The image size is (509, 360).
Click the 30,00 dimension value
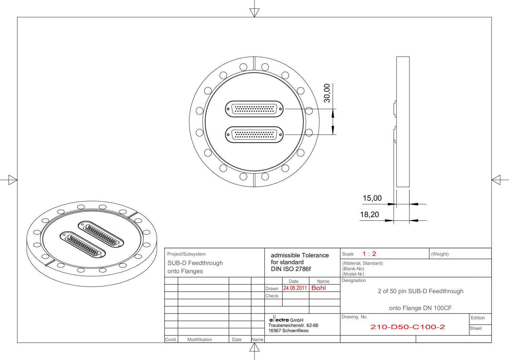point(327,93)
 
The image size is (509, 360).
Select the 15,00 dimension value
point(372,198)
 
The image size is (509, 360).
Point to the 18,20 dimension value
point(369,215)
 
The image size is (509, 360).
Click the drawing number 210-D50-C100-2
point(407,327)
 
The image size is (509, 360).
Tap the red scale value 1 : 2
point(369,254)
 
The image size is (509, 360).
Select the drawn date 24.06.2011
point(295,288)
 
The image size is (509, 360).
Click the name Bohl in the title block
point(318,288)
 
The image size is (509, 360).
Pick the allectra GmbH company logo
point(279,320)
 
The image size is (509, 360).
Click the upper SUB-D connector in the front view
point(254,109)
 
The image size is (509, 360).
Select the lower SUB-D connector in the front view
point(254,135)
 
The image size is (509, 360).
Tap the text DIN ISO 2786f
point(290,269)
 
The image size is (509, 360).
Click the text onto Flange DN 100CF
point(420,308)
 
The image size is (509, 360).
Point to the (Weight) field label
point(440,254)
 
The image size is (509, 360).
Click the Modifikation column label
point(200,340)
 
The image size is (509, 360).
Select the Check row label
point(272,296)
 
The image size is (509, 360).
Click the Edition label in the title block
point(477,318)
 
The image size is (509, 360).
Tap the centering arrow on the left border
point(13,180)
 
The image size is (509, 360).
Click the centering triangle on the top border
point(254,13)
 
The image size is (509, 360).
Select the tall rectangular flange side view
point(403,122)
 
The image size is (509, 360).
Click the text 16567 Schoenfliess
point(288,331)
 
